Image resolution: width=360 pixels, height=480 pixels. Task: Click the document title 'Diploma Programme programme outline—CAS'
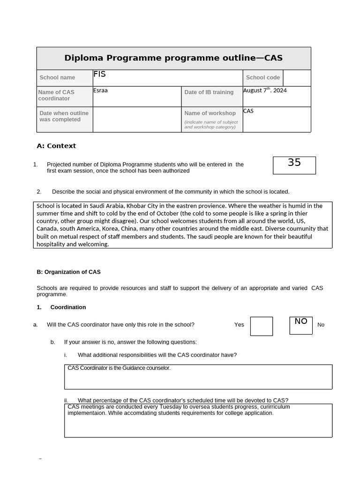pos(173,58)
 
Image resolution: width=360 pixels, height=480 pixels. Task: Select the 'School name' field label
pos(57,78)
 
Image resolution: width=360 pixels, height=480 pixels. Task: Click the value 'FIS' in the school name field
pos(99,74)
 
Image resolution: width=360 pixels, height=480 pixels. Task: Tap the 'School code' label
pos(262,78)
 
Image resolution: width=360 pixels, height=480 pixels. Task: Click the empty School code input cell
pos(297,78)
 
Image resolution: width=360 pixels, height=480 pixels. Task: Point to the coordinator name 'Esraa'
pos(100,90)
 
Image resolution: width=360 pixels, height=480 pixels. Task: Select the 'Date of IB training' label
pos(209,92)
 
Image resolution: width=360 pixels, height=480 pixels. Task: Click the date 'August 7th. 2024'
pos(265,90)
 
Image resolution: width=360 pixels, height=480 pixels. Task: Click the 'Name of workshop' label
pos(210,113)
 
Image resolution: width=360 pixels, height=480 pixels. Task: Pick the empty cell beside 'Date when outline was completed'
pos(137,120)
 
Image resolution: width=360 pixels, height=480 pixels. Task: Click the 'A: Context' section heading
pos(56,146)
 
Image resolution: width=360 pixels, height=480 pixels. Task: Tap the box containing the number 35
pos(294,165)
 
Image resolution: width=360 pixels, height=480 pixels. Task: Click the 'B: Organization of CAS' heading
pos(68,272)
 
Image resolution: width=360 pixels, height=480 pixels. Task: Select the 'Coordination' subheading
pos(68,307)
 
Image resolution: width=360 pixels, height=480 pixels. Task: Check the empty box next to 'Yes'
pos(261,326)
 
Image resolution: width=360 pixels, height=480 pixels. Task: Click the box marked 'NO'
pos(301,325)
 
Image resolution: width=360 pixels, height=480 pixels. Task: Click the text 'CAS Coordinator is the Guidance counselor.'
pos(119,368)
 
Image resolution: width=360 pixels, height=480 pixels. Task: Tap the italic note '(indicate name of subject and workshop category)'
pos(211,125)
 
